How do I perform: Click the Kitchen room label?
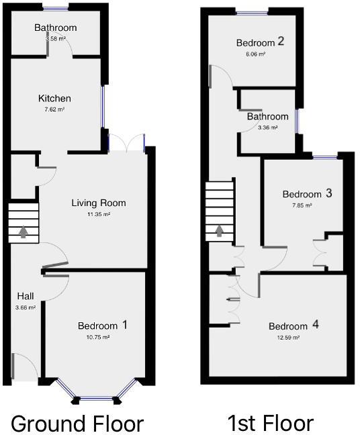[x=54, y=99]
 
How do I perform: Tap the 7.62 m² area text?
[x=54, y=109]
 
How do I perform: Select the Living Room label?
[x=99, y=203]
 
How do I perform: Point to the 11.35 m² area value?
[x=99, y=214]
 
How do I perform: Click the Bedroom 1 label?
[x=103, y=326]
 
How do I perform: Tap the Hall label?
[x=26, y=296]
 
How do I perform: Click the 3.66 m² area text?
[x=26, y=307]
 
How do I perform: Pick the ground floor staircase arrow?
[x=24, y=232]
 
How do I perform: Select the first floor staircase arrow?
[x=220, y=232]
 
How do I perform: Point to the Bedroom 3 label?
[x=307, y=194]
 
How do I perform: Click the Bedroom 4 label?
[x=294, y=326]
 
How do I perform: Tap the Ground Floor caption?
[x=77, y=424]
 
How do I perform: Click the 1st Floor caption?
[x=270, y=424]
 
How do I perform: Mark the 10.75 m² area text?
[x=97, y=338]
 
